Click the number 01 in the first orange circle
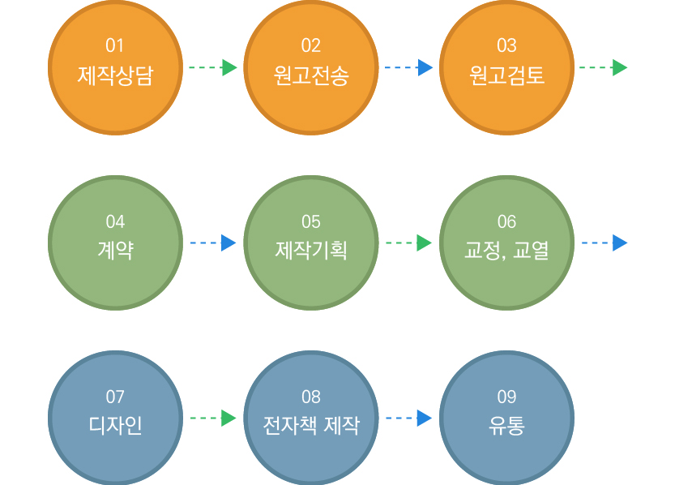[115, 45]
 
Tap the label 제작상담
[115, 75]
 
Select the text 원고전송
[311, 75]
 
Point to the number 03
[506, 45]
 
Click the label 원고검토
[506, 75]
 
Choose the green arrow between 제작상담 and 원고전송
[213, 67]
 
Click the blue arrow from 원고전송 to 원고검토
[408, 67]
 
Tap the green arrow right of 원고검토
[603, 67]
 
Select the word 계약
[115, 251]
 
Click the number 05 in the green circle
[311, 222]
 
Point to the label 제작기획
[311, 251]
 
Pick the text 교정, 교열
[506, 251]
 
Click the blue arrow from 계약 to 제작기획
[213, 243]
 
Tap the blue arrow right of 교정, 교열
[605, 243]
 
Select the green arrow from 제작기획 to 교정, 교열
[408, 243]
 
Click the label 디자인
[115, 425]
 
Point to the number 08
[311, 397]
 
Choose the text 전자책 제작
[311, 425]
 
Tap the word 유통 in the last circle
[506, 425]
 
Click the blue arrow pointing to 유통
[408, 418]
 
